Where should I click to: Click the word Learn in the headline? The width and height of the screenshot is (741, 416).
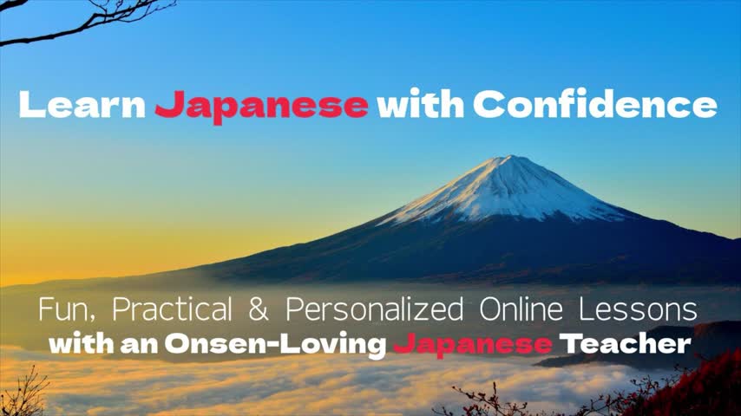tap(82, 104)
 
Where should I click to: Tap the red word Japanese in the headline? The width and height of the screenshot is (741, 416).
tap(261, 107)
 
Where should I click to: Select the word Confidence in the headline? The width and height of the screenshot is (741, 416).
tap(595, 103)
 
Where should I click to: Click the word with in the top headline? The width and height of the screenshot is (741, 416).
tap(420, 103)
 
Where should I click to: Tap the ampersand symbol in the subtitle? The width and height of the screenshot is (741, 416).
tap(258, 309)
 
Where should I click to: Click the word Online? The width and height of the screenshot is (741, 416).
tap(521, 309)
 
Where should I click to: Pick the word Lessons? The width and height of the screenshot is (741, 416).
tap(638, 309)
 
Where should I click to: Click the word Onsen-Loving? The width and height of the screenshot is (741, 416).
tap(275, 345)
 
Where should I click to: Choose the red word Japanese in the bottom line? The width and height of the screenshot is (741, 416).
tap(473, 345)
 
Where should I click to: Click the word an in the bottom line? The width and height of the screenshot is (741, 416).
tap(139, 345)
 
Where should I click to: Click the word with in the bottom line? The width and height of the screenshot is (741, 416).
tap(81, 344)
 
